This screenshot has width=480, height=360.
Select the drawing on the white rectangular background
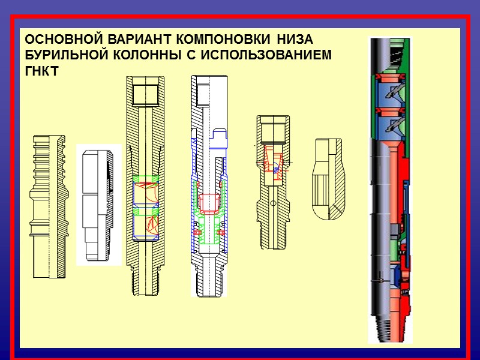pos(98,205)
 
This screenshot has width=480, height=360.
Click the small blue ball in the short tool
pos(275,170)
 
